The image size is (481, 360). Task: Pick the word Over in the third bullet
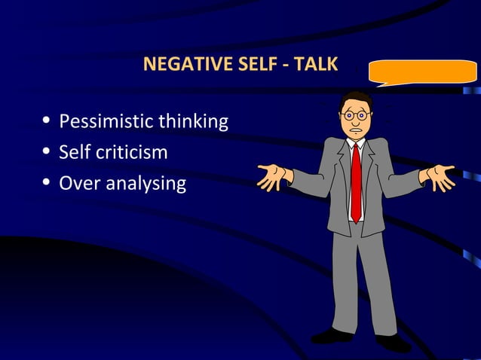coord(75,183)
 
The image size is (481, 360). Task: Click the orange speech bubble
coord(422,73)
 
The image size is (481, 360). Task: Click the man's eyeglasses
coord(354,116)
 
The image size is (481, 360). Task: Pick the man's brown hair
coord(357,99)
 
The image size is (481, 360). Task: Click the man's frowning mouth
coord(354,130)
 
